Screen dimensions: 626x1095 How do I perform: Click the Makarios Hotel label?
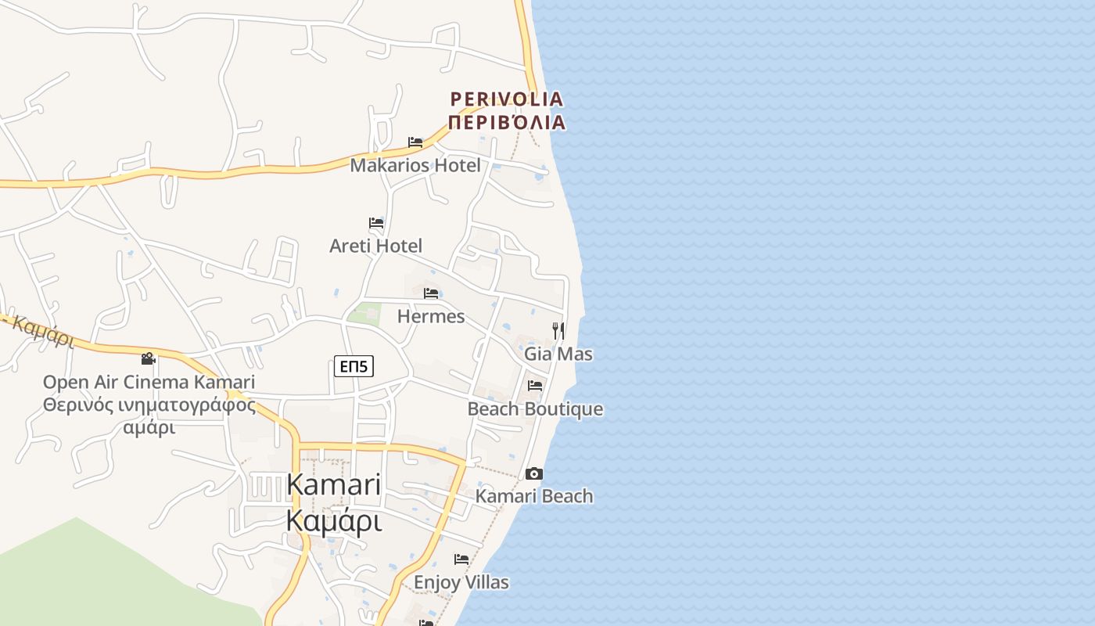415,165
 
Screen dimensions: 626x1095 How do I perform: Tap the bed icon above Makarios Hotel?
415,142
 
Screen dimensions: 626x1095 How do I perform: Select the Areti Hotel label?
376,246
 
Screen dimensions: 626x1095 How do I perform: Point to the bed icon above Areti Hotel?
376,223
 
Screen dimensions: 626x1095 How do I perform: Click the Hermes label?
431,316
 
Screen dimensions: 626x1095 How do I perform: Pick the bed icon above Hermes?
431,293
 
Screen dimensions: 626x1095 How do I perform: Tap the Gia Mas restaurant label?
558,354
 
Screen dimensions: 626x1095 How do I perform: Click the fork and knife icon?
558,330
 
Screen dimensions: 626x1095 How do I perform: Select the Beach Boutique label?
535,409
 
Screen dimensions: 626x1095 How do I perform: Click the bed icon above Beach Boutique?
535,386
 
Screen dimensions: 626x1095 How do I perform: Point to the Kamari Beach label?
534,496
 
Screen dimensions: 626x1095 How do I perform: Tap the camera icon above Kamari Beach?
534,473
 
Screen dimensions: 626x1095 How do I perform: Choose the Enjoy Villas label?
461,582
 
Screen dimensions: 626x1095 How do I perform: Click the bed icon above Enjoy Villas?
461,559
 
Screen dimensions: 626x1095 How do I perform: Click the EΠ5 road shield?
354,365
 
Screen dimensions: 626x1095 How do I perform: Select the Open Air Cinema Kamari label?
149,382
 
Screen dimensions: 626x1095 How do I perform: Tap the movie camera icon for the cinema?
149,359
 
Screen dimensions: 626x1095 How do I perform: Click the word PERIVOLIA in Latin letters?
507,99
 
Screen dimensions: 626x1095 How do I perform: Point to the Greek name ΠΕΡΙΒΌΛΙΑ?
507,122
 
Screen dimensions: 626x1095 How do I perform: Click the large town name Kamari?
334,484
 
